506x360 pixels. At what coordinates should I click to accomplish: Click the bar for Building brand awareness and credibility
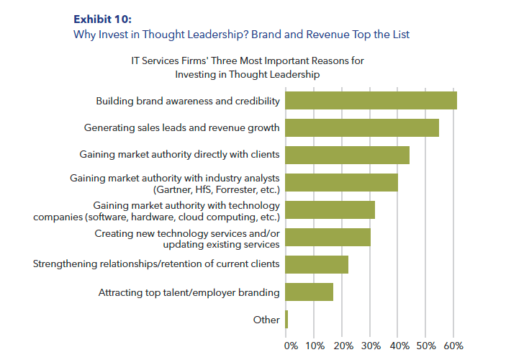371,100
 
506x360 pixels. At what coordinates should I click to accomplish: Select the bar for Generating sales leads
362,127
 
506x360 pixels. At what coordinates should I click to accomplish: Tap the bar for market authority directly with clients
347,155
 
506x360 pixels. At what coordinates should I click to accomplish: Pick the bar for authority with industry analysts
341,182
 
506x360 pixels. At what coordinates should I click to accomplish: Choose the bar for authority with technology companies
330,210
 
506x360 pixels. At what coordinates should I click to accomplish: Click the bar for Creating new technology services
327,237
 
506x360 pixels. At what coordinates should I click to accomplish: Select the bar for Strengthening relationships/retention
317,264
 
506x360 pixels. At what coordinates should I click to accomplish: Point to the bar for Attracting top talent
309,292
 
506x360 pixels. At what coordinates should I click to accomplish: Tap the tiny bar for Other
286,319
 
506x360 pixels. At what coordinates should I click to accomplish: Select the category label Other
266,320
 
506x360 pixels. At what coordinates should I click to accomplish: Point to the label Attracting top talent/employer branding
189,292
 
